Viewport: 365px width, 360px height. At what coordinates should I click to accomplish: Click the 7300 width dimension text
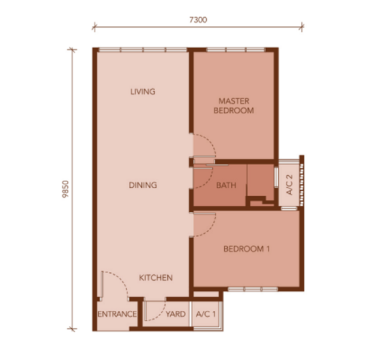click(198, 20)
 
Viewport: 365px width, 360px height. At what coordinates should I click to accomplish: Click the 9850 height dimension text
click(66, 189)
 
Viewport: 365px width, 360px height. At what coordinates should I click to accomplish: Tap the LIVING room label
click(143, 92)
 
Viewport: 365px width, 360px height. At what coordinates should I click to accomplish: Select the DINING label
click(143, 185)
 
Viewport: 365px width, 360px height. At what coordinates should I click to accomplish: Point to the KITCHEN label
click(156, 278)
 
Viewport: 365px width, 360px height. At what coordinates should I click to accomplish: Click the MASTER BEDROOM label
click(234, 106)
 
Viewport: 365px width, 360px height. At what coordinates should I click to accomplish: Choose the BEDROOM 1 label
click(246, 249)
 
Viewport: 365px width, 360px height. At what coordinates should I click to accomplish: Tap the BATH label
click(226, 185)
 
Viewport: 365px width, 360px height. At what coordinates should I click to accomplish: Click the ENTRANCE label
click(117, 314)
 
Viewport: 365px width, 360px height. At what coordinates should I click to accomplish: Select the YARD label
click(176, 314)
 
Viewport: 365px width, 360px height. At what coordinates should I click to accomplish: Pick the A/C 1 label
click(206, 314)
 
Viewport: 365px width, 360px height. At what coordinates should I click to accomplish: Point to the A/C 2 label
click(289, 185)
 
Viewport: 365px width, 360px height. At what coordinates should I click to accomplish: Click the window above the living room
click(143, 50)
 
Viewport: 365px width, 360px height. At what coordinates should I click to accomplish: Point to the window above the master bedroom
click(236, 50)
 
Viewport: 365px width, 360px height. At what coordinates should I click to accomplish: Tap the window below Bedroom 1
click(253, 289)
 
